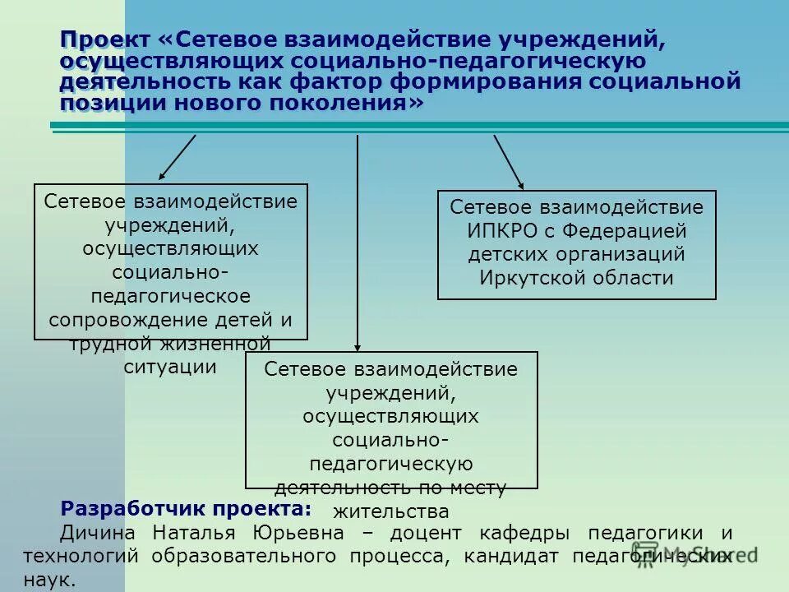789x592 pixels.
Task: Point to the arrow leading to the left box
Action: point(177,157)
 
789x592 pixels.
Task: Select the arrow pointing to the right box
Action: point(508,162)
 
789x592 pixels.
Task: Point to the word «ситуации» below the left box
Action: point(170,367)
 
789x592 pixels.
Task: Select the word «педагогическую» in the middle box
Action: point(391,464)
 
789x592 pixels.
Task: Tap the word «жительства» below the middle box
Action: point(391,511)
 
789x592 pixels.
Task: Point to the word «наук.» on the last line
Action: point(50,579)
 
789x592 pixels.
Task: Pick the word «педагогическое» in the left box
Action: point(170,295)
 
